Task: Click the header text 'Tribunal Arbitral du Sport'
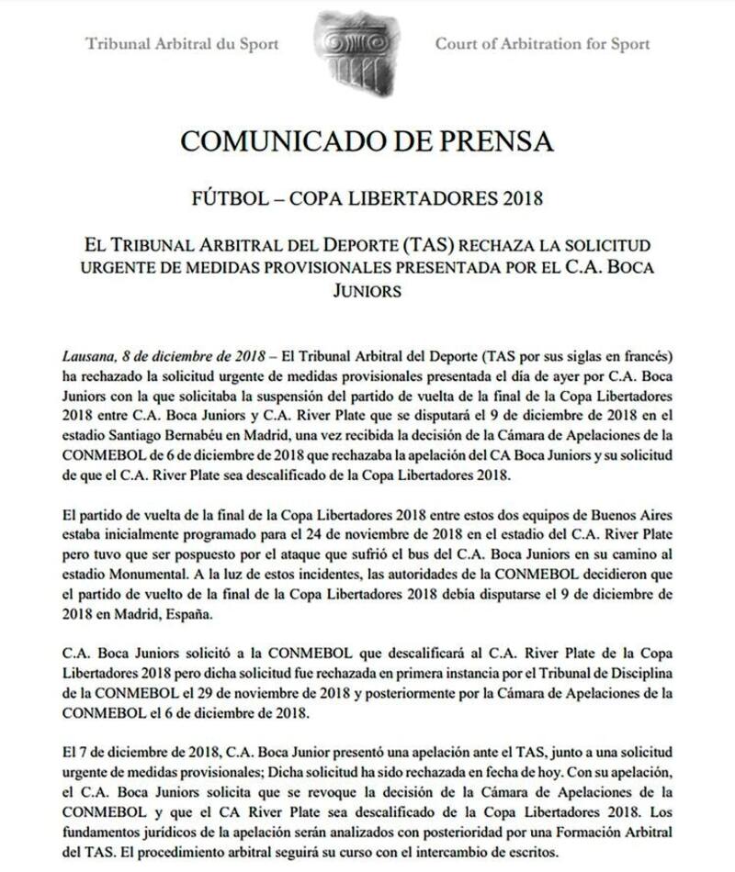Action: [x=181, y=43]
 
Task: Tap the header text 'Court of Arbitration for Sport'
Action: [x=542, y=43]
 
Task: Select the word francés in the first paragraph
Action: [x=646, y=355]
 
